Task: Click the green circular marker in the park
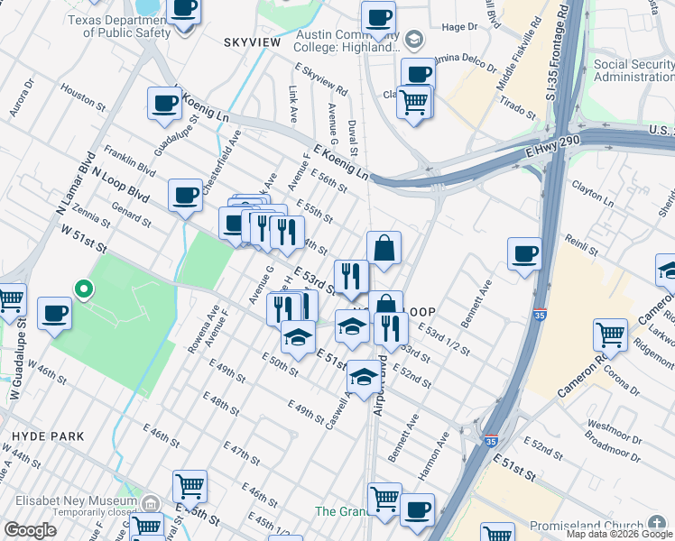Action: pyautogui.click(x=83, y=289)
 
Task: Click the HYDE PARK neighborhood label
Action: pyautogui.click(x=48, y=436)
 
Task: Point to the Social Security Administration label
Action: pyautogui.click(x=633, y=71)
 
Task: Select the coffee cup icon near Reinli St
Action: pyautogui.click(x=524, y=253)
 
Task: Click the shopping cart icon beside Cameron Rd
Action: pyautogui.click(x=610, y=335)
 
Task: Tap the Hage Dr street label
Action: pyautogui.click(x=458, y=28)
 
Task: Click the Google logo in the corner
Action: pyautogui.click(x=30, y=530)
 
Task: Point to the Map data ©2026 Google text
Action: pyautogui.click(x=618, y=534)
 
